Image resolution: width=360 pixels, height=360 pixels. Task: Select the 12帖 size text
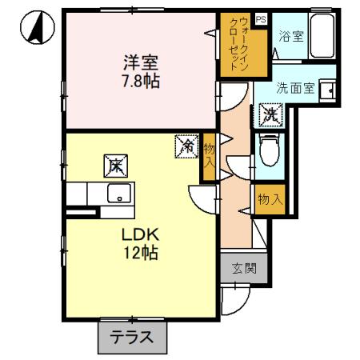[142, 254]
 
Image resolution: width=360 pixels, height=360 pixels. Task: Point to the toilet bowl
[270, 149]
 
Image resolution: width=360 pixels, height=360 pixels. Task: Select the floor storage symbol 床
[115, 166]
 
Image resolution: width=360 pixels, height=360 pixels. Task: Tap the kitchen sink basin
[121, 193]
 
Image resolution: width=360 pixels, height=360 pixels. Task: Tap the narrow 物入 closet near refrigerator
[209, 157]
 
